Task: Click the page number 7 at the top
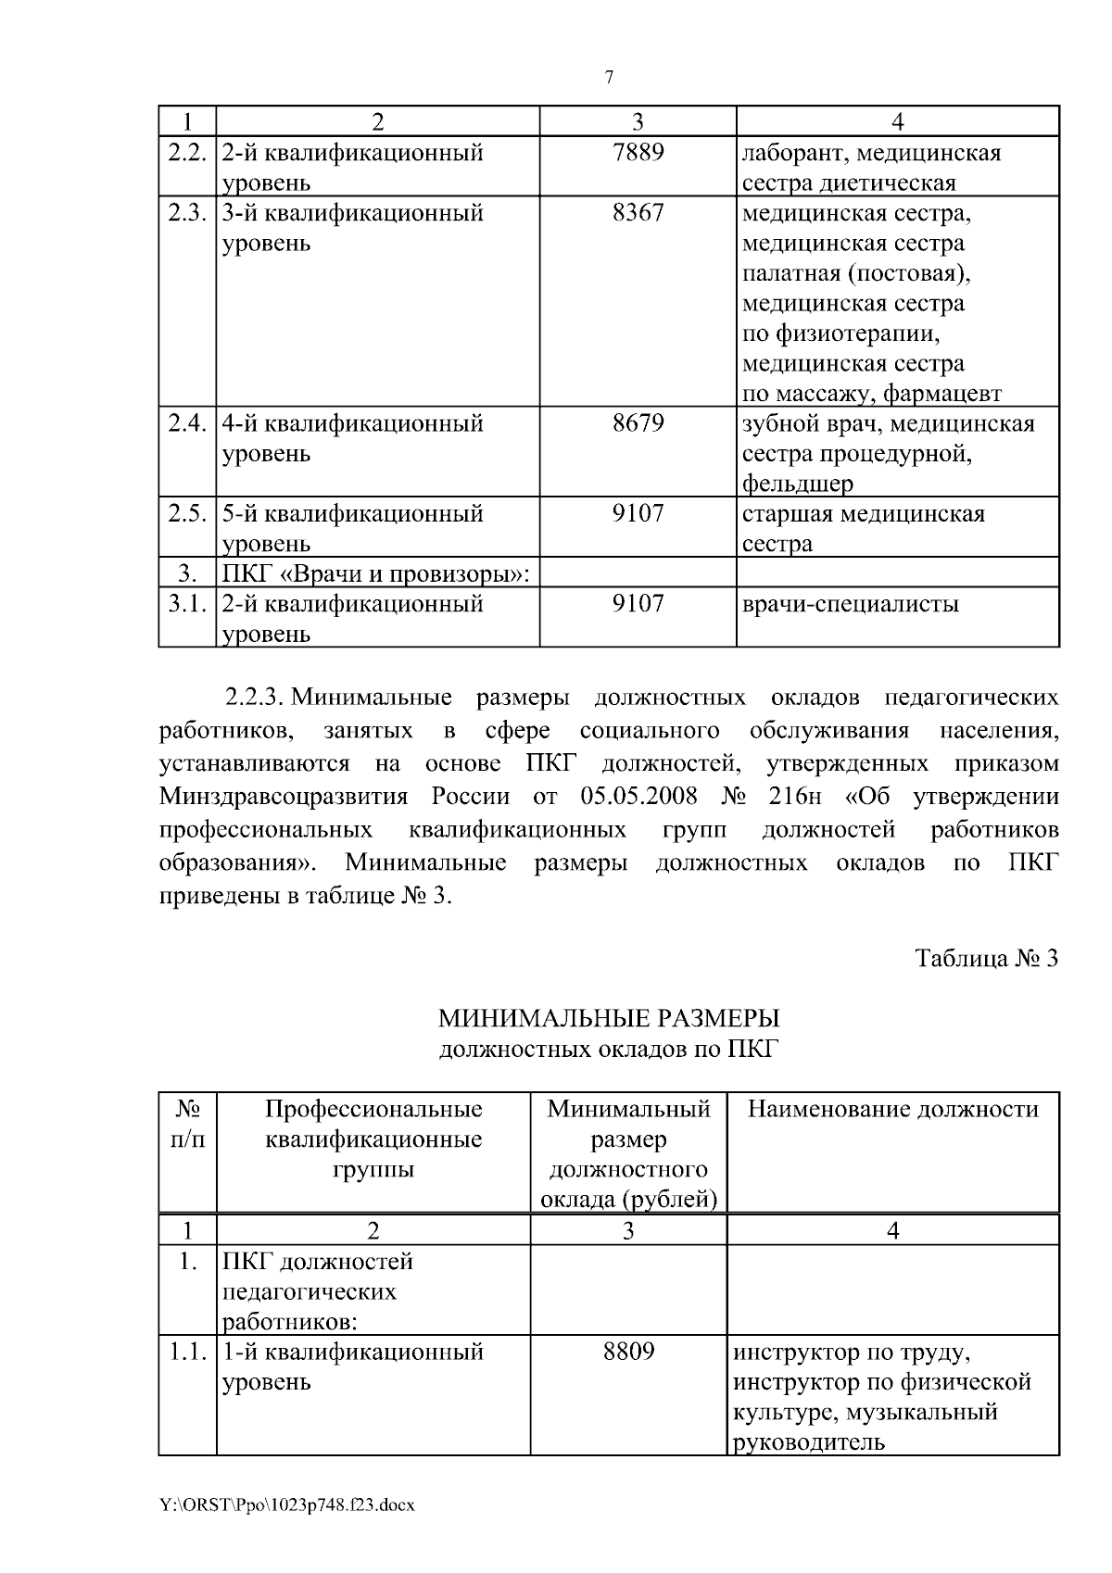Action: coord(609,78)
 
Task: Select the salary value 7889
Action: coord(638,152)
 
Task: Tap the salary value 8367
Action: coord(638,213)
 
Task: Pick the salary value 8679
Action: coord(638,423)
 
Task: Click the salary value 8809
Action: coord(628,1352)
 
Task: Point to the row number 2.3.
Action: coord(186,213)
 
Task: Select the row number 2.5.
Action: coord(186,513)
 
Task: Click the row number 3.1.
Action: coord(186,604)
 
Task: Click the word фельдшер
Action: coord(797,484)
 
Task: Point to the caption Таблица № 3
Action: coord(986,958)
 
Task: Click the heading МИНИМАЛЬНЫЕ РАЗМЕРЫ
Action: coord(609,1019)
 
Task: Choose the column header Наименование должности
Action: coord(893,1109)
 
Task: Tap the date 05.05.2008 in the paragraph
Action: coord(638,797)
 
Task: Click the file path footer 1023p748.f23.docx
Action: coord(287,1505)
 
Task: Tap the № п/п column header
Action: coord(188,1124)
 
